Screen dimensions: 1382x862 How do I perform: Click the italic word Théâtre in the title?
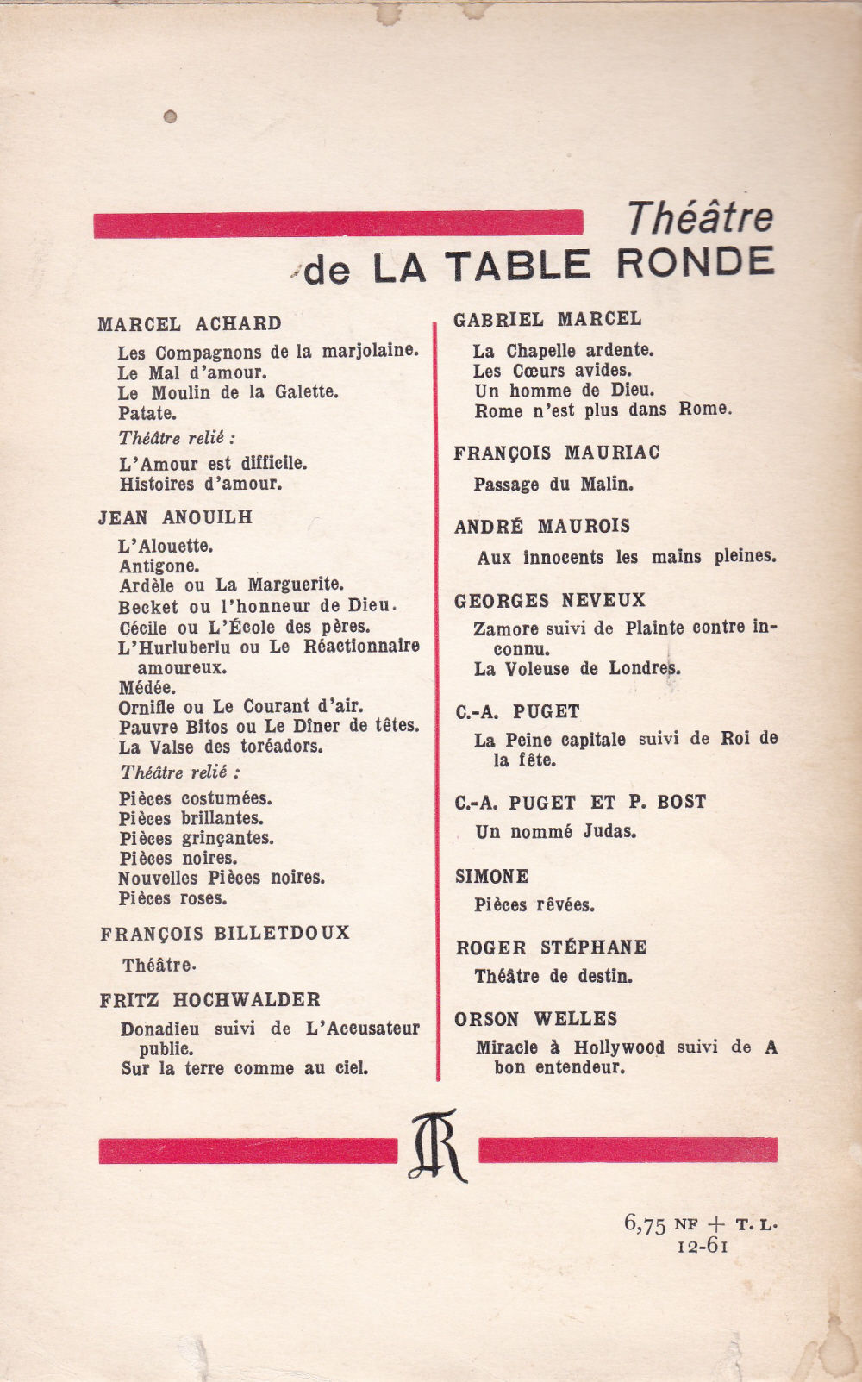tap(700, 217)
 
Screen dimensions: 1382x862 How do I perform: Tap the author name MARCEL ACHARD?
tap(190, 324)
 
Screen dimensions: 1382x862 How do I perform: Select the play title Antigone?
tap(159, 566)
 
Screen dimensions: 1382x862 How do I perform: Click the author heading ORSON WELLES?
tap(536, 1019)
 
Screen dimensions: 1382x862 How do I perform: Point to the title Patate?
tap(147, 413)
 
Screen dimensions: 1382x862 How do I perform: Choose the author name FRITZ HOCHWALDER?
tap(210, 1000)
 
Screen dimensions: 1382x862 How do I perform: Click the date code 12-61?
tap(703, 1246)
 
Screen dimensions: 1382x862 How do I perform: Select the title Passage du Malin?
tap(553, 485)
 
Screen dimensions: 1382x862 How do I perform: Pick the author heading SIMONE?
tap(492, 877)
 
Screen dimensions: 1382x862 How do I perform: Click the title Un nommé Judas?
tap(556, 832)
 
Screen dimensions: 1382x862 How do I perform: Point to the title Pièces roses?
tap(173, 898)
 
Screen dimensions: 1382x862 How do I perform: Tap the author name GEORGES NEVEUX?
tap(550, 600)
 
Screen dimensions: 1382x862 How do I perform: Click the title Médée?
tap(147, 688)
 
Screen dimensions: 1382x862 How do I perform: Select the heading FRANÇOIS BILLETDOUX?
tap(225, 934)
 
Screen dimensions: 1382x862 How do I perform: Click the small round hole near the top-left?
tap(170, 116)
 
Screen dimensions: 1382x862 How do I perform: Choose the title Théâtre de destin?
tap(553, 977)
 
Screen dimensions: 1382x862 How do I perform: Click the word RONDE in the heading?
tap(696, 264)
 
